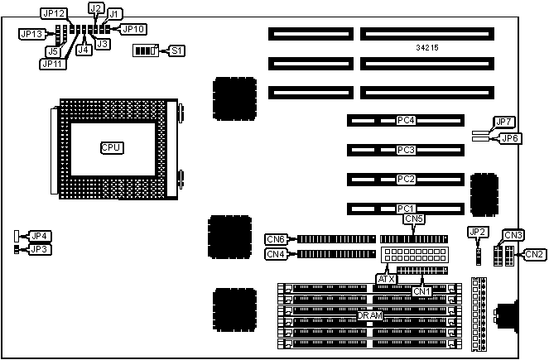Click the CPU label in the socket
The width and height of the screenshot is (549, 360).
coord(111,147)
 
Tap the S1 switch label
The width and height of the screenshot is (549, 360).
coord(176,50)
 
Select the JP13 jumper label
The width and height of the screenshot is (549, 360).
coord(32,34)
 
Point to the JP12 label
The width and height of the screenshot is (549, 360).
coord(53,14)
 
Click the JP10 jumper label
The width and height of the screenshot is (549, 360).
coord(133,29)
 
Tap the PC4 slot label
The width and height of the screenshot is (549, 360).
coord(405,121)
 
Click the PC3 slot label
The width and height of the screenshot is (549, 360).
coord(405,150)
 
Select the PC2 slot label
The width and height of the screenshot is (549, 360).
coord(405,179)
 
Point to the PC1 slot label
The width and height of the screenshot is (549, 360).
coord(405,208)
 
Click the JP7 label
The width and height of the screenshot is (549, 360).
coord(503,122)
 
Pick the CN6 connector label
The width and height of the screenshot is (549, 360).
coord(276,238)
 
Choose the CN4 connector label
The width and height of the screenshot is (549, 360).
coord(276,254)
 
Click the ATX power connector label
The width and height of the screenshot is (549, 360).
coord(386,280)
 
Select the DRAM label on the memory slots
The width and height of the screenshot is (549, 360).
coord(369,315)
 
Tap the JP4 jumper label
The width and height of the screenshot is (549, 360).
coord(39,236)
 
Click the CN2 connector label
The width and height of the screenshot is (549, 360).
coord(534,253)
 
